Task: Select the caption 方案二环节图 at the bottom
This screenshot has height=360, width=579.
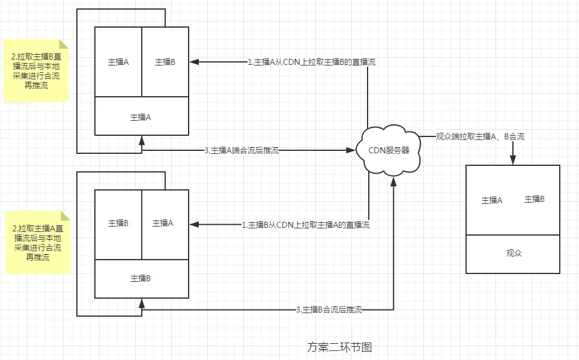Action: pos(339,347)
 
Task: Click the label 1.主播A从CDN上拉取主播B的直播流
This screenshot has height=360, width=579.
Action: pos(312,62)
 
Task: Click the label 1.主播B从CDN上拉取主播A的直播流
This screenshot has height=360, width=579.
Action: pos(306,225)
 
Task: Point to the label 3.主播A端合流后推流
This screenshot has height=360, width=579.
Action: pos(241,150)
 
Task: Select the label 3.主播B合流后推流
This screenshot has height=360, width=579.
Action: pos(329,310)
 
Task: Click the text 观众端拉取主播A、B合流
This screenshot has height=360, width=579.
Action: pos(480,137)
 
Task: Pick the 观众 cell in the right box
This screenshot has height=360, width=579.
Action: pos(514,253)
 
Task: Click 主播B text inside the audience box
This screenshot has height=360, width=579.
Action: pos(534,199)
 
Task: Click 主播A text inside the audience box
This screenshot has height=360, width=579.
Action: pos(491,200)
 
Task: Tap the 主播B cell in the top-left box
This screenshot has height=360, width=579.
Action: pos(165,62)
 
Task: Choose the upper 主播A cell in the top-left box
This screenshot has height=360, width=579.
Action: pos(118,62)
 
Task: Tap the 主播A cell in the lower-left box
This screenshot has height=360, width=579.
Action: pos(163,223)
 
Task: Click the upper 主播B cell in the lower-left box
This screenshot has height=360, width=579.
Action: pos(118,223)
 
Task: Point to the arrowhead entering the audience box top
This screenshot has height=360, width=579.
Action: pos(513,160)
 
